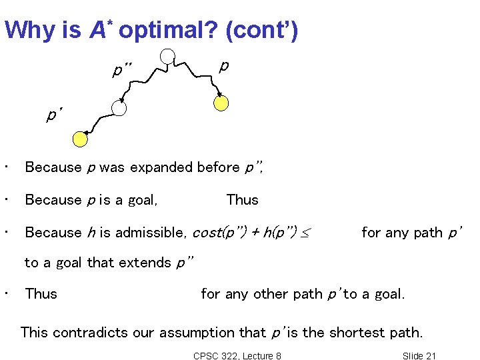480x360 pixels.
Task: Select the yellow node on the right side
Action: click(x=221, y=103)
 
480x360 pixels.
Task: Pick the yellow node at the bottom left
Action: click(x=80, y=138)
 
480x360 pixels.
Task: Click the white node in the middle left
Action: click(x=119, y=108)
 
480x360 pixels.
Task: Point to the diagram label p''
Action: click(x=122, y=70)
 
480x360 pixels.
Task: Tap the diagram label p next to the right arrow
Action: click(x=224, y=65)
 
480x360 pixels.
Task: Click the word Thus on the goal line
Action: click(x=242, y=200)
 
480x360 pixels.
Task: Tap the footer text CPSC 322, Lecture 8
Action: click(x=237, y=355)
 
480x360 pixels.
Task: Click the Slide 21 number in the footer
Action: click(x=419, y=355)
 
